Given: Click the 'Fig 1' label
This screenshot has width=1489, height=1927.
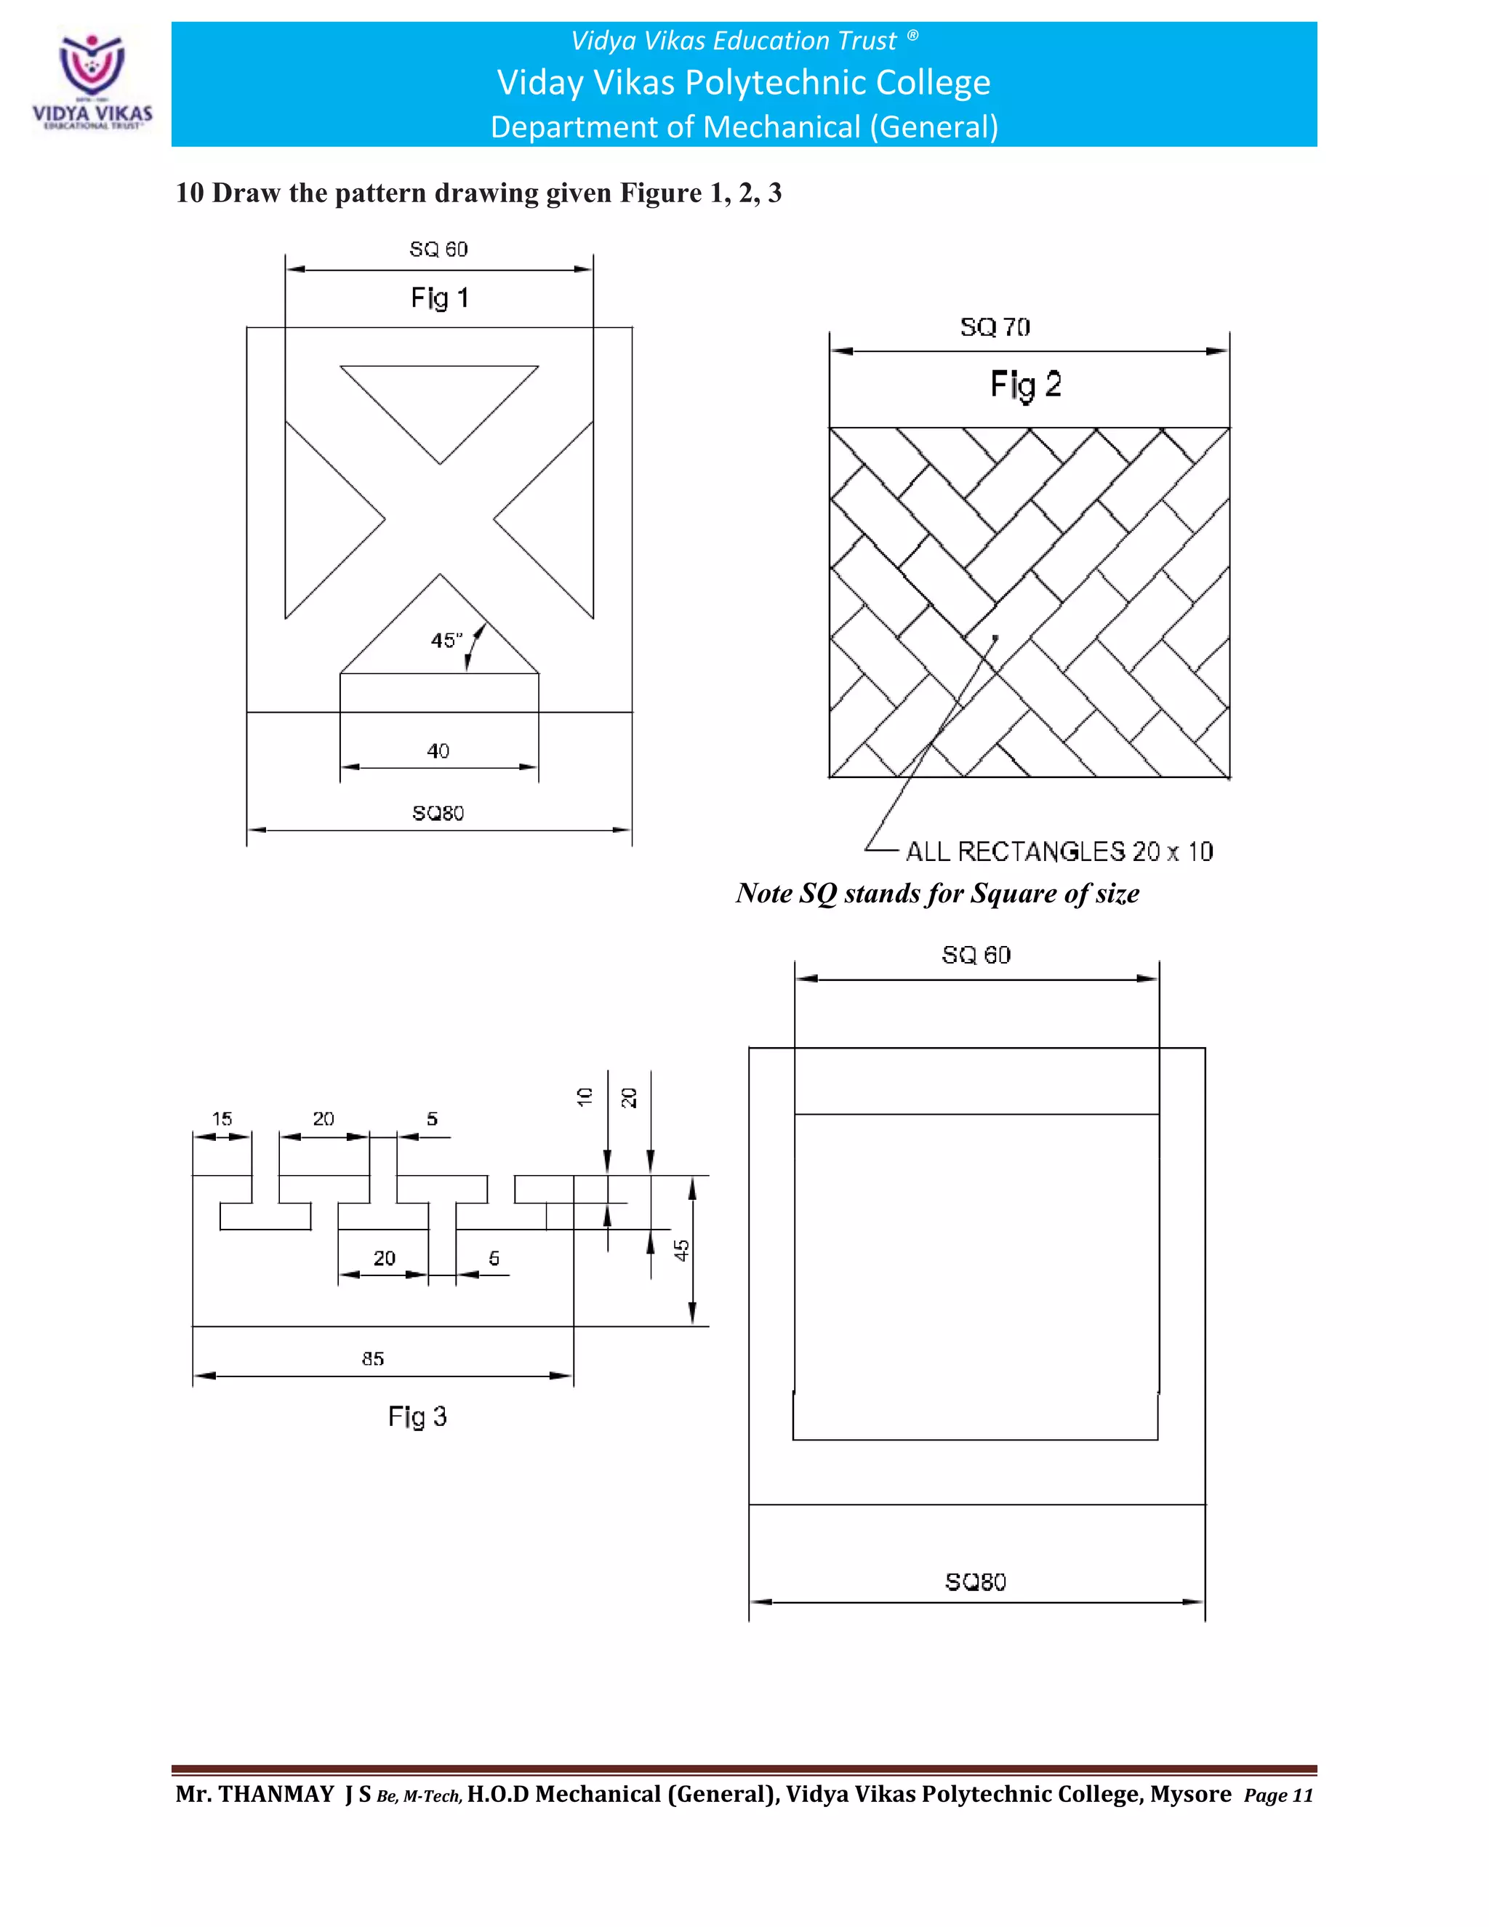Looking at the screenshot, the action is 439,298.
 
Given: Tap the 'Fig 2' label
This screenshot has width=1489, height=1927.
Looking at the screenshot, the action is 1025,385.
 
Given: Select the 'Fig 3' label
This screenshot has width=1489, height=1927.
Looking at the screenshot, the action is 417,1416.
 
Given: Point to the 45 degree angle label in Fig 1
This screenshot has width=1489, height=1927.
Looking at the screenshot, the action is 446,641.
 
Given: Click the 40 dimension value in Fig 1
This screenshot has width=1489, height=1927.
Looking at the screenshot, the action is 438,751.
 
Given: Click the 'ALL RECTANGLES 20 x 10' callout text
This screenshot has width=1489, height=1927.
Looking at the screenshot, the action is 1059,852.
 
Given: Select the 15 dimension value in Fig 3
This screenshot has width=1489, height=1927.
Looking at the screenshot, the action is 222,1119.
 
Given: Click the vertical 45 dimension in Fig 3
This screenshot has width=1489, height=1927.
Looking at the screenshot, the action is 682,1250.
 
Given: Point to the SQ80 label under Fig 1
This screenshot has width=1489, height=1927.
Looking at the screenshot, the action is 438,813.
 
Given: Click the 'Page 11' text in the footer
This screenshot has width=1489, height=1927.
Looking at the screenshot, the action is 1278,1795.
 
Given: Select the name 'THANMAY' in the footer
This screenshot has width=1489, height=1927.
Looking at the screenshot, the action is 276,1795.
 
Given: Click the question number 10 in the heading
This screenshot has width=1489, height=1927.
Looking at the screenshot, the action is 189,193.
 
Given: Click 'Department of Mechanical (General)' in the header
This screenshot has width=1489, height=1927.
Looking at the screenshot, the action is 744,127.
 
